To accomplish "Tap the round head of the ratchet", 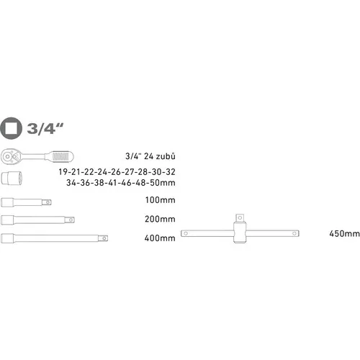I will click(x=13, y=154).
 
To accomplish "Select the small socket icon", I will click(x=13, y=176).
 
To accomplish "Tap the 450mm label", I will click(x=343, y=233).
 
